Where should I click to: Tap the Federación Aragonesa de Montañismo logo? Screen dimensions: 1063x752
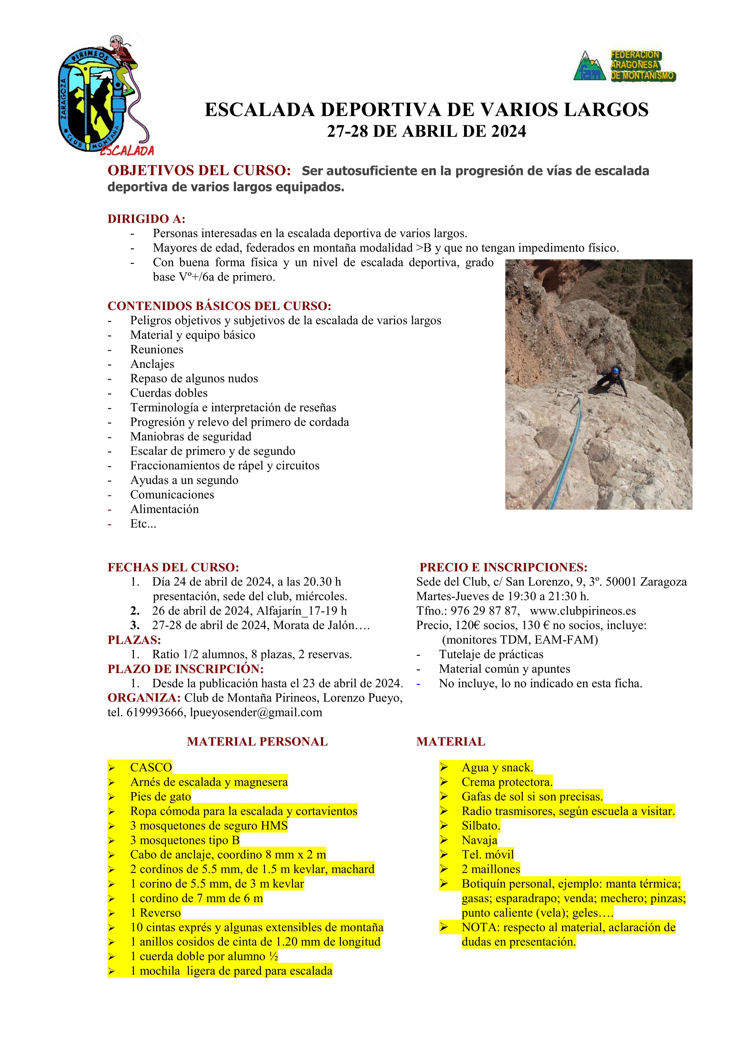[x=624, y=66]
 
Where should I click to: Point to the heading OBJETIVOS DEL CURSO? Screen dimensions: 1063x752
[x=199, y=171]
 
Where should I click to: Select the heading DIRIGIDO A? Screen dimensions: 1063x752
[x=146, y=219]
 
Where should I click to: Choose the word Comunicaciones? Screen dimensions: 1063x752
[x=172, y=495]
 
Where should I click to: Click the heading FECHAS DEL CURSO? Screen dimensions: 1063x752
[x=173, y=567]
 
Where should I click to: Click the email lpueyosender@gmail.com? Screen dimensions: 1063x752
[x=256, y=712]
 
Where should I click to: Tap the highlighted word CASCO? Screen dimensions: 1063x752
[x=151, y=767]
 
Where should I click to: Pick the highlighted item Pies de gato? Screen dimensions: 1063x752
[x=160, y=796]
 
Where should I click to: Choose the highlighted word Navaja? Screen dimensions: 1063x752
[x=479, y=840]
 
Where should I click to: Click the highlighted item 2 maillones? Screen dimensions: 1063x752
[x=490, y=869]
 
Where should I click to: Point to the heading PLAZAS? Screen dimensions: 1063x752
[x=134, y=640]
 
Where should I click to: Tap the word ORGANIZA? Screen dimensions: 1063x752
[x=144, y=698]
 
